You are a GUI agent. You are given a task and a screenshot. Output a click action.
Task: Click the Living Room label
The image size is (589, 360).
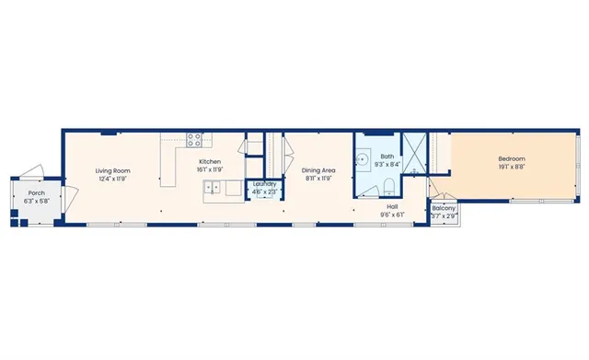tap(114, 170)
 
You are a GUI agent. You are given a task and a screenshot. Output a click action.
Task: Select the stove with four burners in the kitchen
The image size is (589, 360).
tap(196, 141)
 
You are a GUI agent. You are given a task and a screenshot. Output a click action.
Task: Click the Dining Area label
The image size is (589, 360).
tap(318, 170)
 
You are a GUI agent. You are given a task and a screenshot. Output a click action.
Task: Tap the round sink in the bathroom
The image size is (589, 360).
tap(364, 158)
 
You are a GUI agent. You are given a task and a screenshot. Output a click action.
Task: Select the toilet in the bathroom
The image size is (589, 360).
tap(371, 191)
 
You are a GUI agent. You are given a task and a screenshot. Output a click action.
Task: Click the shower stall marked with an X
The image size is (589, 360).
tap(415, 153)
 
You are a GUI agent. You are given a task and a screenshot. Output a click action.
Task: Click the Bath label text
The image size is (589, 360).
tap(387, 157)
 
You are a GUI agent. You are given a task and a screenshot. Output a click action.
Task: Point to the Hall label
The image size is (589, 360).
tap(392, 207)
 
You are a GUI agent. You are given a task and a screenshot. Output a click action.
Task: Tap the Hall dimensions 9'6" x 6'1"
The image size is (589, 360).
tap(392, 215)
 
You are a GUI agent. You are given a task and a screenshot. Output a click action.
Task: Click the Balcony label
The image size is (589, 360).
tap(443, 209)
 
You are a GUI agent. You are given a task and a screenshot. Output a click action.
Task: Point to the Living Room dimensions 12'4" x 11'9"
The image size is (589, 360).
tap(114, 180)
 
